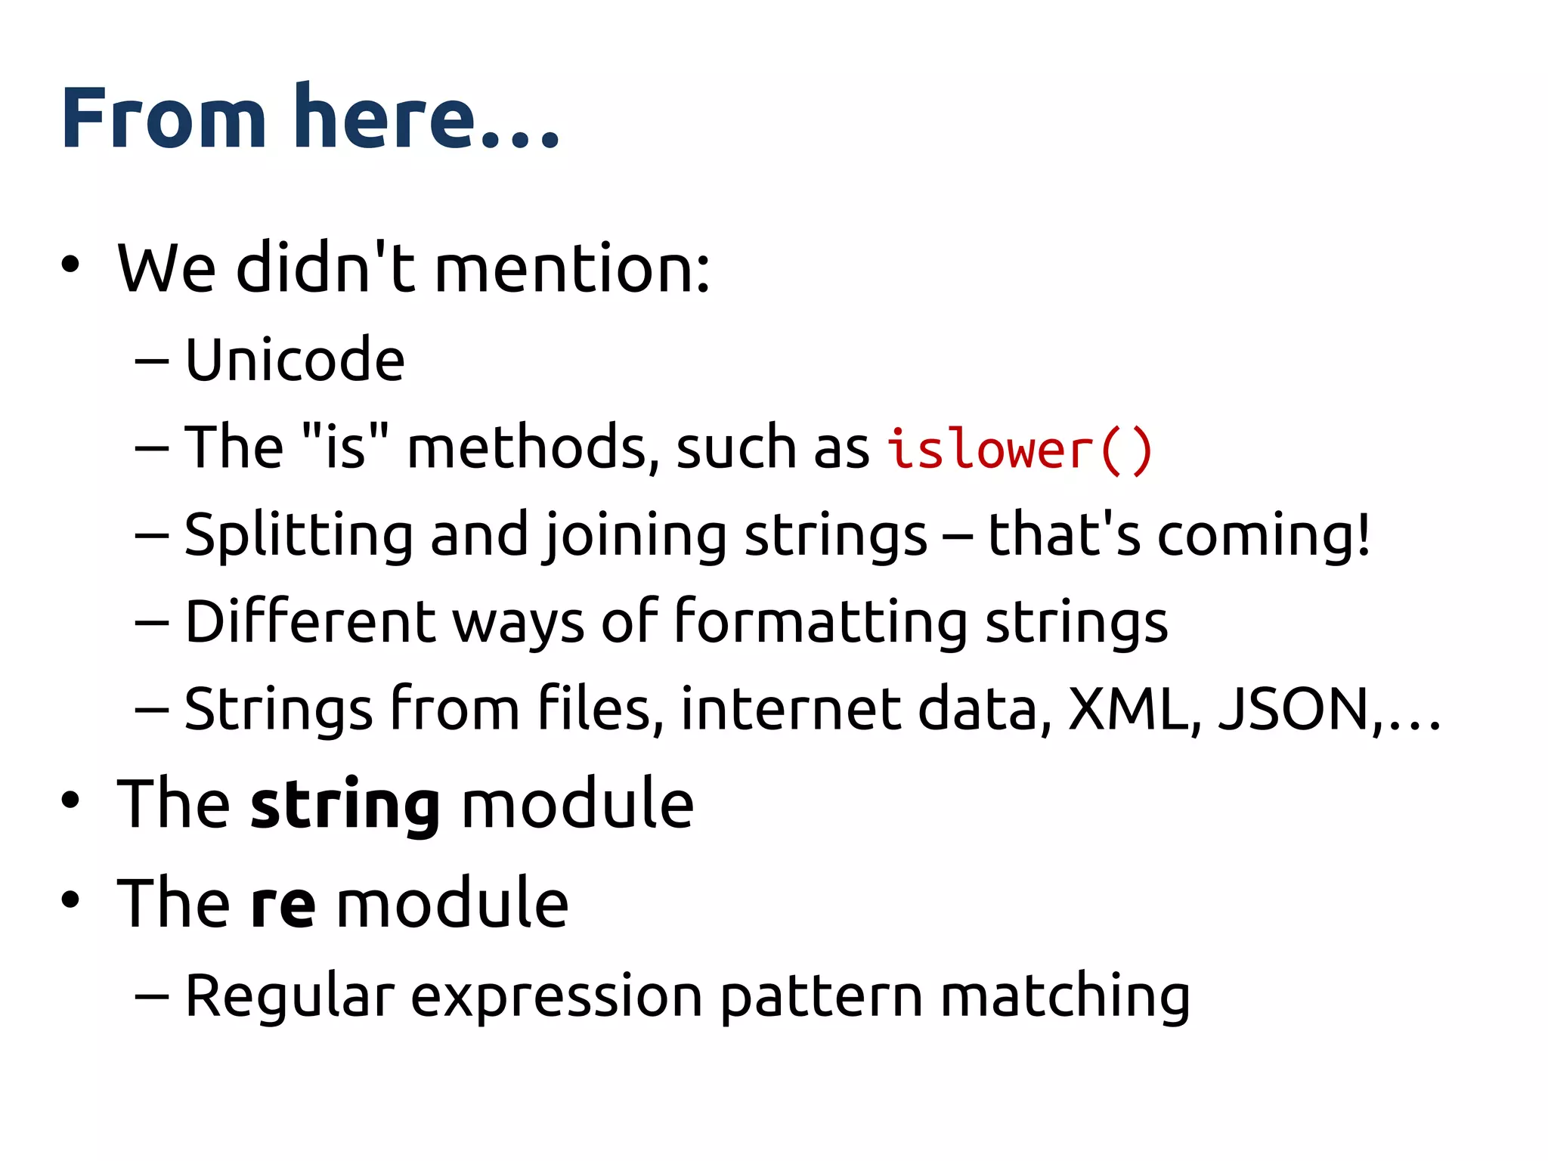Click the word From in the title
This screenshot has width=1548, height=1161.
[163, 118]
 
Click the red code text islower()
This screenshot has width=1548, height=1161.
[1019, 449]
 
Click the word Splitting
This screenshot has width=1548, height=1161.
[299, 535]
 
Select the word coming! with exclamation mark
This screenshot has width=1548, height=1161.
[1264, 535]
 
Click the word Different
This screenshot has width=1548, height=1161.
[311, 622]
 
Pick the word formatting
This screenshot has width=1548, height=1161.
[820, 622]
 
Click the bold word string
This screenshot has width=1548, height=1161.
[345, 804]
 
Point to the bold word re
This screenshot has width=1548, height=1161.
[283, 904]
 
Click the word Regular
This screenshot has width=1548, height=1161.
[289, 996]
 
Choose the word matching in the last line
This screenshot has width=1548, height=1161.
[1066, 996]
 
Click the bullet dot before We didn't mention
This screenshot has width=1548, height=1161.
[70, 265]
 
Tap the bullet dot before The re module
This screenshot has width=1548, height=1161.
[70, 899]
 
